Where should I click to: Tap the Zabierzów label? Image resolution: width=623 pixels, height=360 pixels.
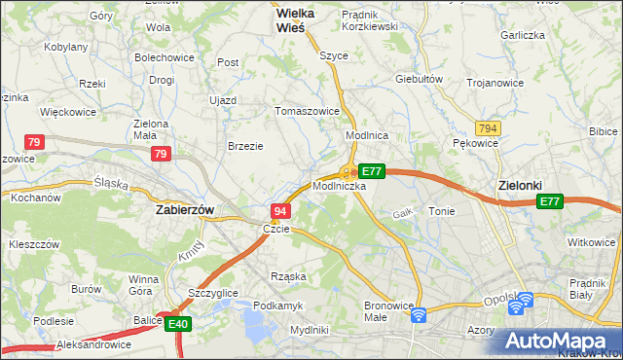(x=185, y=208)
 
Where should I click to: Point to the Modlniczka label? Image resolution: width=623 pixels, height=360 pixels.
(x=339, y=185)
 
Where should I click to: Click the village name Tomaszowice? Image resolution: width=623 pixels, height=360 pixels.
(x=308, y=111)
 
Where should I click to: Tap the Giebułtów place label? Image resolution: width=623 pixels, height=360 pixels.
(x=420, y=79)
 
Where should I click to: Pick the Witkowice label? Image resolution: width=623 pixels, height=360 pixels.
(x=592, y=241)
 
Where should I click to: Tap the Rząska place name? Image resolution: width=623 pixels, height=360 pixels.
(x=290, y=276)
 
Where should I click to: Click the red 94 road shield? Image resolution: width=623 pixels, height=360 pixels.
(x=279, y=211)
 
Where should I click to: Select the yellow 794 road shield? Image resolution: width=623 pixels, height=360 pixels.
(x=489, y=128)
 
